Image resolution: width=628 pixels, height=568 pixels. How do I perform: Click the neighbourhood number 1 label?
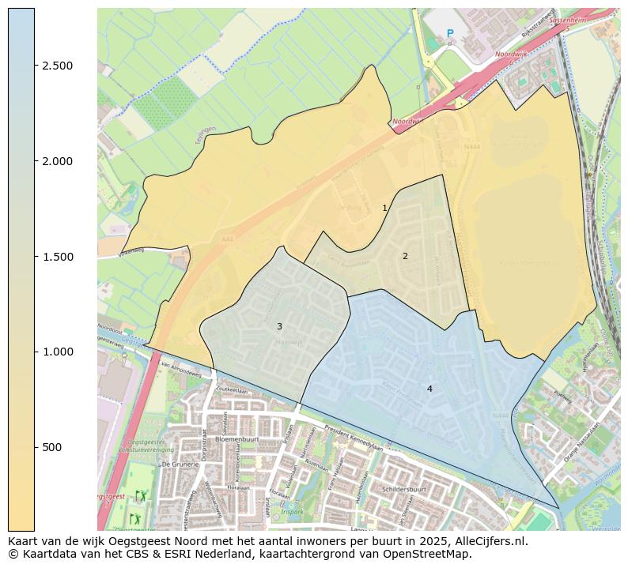[x=384, y=209]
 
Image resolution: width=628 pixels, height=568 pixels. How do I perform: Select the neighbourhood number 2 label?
[x=405, y=256]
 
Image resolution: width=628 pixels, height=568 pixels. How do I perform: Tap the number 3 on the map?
[x=279, y=326]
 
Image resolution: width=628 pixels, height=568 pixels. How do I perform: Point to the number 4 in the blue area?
[x=429, y=389]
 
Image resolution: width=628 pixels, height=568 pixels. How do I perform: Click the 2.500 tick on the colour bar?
[x=57, y=66]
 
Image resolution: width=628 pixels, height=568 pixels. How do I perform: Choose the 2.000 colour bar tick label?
[x=57, y=161]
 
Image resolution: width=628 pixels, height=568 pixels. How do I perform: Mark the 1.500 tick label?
[x=57, y=257]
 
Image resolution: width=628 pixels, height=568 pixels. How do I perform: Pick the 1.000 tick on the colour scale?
[x=57, y=352]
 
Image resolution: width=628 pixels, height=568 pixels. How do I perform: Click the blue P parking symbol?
[x=450, y=33]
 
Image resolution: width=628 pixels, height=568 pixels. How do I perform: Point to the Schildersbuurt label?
[x=404, y=489]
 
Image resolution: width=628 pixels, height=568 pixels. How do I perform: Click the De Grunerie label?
[x=180, y=465]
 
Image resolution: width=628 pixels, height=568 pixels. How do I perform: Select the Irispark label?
[x=291, y=511]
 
